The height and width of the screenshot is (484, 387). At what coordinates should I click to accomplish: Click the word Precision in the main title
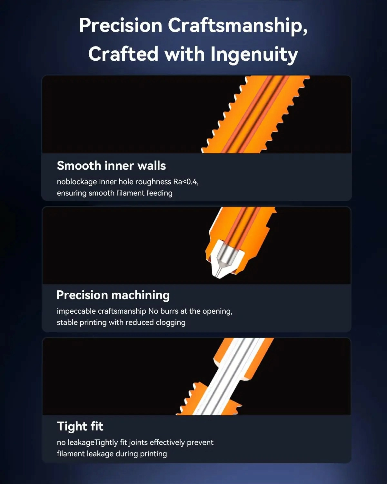(x=121, y=25)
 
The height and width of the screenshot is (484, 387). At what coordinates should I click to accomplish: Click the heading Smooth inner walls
(x=111, y=166)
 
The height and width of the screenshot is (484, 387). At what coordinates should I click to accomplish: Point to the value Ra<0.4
(x=186, y=182)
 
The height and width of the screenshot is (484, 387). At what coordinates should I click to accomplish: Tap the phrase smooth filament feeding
(x=131, y=193)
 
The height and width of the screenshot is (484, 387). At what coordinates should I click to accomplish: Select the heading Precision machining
(x=113, y=295)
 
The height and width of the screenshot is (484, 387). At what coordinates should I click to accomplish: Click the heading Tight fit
(x=80, y=427)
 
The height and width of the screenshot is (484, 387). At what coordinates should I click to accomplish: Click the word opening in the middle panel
(x=217, y=311)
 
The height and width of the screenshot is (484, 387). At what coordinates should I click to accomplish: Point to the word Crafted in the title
(x=123, y=54)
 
